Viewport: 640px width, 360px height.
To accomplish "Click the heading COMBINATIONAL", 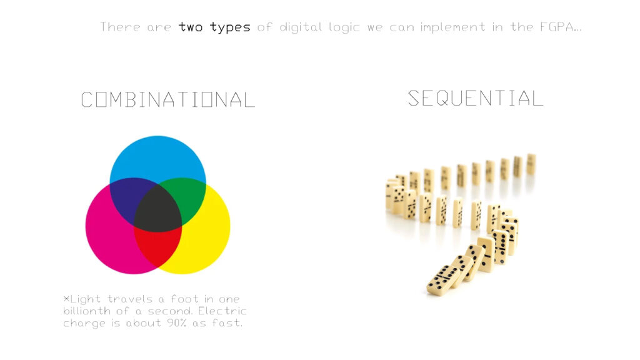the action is click(x=167, y=99).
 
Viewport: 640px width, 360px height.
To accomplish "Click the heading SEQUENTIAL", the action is click(x=476, y=98).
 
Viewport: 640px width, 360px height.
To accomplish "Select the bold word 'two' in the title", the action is click(x=191, y=27).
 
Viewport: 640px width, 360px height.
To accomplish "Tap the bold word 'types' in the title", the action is click(x=230, y=27).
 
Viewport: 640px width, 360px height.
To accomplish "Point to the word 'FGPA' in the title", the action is click(x=557, y=27).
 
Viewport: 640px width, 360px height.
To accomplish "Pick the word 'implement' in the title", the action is click(x=453, y=27).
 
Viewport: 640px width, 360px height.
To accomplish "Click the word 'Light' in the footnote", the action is click(x=85, y=299).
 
